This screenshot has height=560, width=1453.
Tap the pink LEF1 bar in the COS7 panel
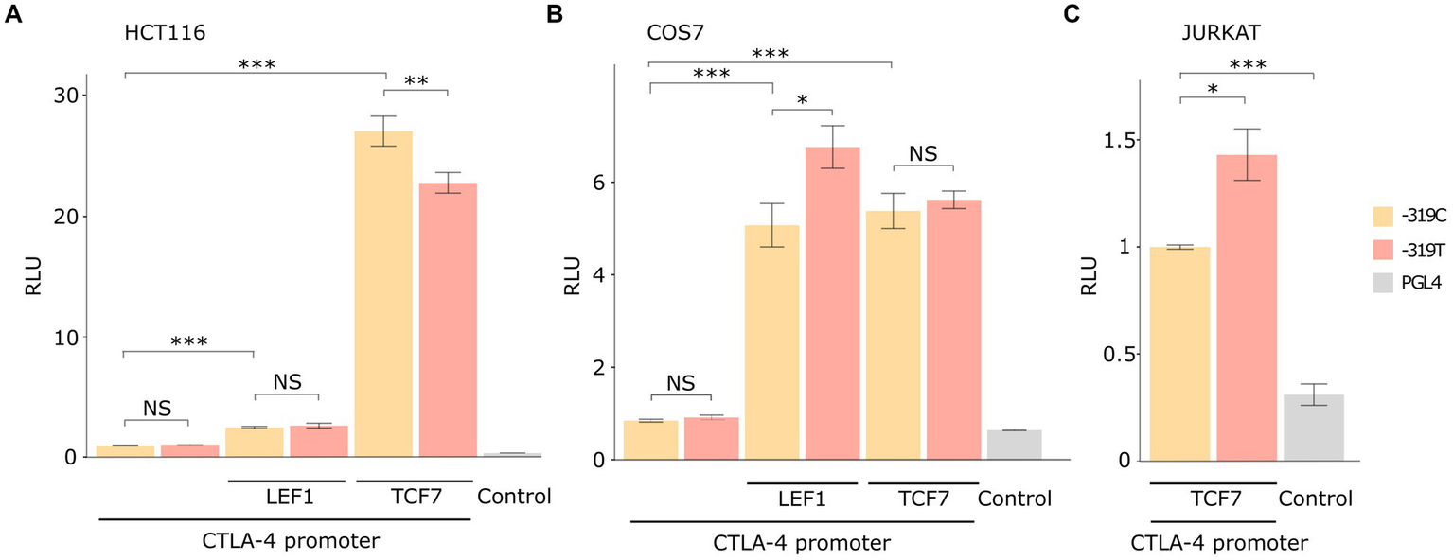click(x=832, y=303)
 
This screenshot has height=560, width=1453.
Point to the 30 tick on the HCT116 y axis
click(x=66, y=96)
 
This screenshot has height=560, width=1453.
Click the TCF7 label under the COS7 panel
click(x=921, y=498)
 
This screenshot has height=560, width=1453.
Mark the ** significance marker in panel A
click(x=416, y=80)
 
